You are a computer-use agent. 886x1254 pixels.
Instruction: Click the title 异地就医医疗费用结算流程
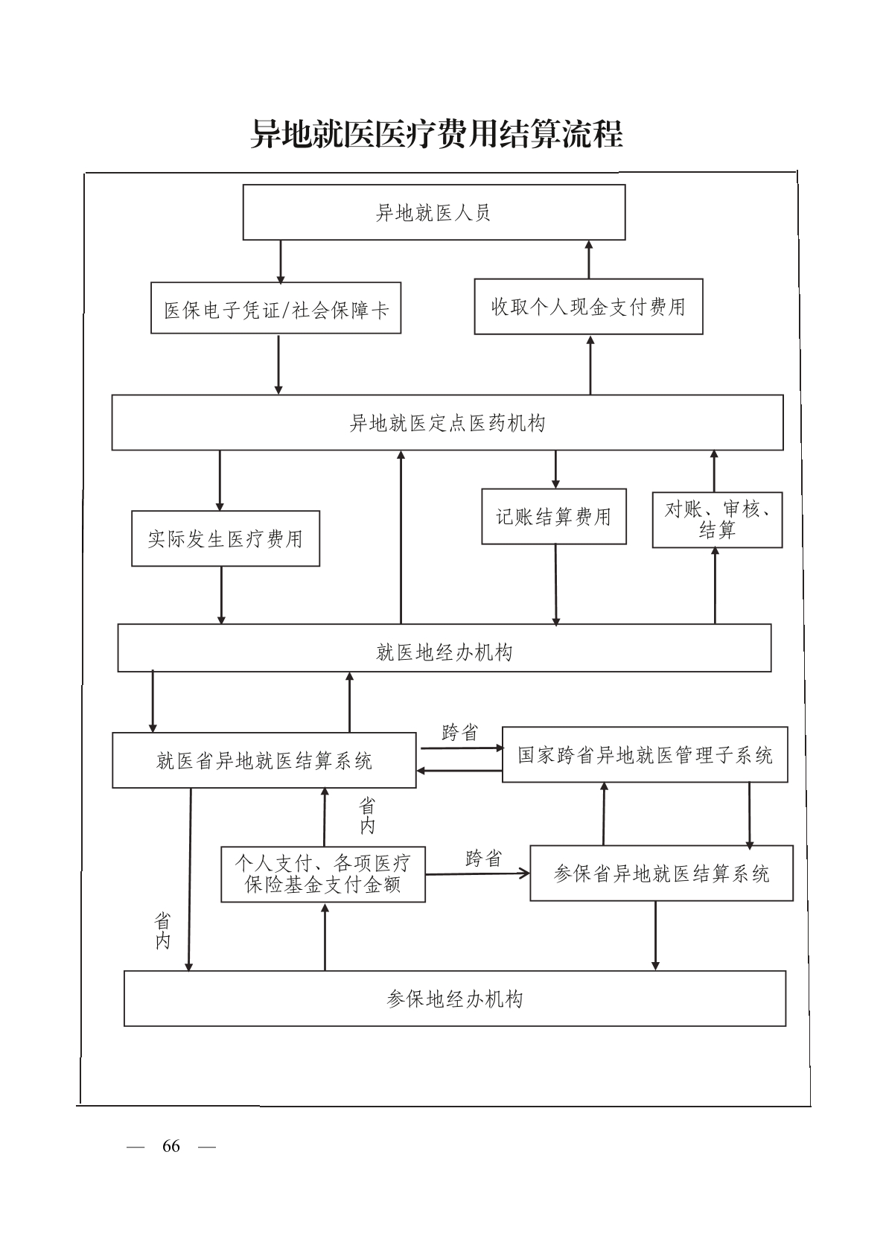tap(436, 135)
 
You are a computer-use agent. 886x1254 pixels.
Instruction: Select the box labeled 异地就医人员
tap(433, 213)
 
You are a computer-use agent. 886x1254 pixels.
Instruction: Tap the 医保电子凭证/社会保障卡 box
tap(275, 308)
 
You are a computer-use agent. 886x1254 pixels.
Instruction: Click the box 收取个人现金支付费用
tap(588, 307)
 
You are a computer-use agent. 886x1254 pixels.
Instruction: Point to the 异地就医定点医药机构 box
tap(447, 423)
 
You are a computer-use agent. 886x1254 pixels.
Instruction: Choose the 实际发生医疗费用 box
tap(226, 538)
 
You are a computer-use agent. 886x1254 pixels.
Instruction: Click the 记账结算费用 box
tap(553, 516)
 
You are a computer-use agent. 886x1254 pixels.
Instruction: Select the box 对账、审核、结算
tap(717, 520)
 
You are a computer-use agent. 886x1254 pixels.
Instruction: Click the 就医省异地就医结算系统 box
tap(264, 760)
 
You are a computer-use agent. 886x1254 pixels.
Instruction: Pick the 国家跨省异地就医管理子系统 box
tap(645, 755)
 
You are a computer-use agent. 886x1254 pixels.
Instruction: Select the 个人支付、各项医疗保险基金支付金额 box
tap(322, 873)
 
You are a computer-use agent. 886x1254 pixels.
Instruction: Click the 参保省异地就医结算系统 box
tap(661, 873)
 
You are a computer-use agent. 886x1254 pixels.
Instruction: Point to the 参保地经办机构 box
tap(454, 999)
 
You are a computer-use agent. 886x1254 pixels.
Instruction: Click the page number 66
tap(171, 1146)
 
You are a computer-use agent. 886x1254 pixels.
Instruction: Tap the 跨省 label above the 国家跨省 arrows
tap(459, 733)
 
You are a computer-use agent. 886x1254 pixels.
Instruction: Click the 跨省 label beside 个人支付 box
tap(483, 859)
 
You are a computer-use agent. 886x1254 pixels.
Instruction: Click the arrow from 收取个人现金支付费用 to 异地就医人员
tap(589, 259)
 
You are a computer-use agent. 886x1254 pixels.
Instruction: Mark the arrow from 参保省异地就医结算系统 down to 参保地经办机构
tap(655, 935)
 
